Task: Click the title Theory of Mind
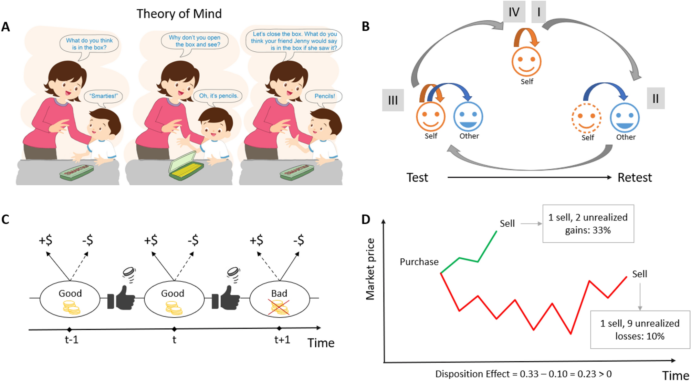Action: (179, 14)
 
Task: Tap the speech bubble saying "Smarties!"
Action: (103, 96)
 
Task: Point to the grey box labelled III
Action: (393, 100)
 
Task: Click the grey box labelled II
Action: (656, 99)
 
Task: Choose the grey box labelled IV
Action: (514, 12)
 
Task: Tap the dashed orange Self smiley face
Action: (587, 119)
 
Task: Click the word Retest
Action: (635, 177)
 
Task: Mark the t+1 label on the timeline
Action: (282, 340)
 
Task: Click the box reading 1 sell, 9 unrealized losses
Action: (640, 330)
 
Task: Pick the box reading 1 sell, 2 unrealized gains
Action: (588, 224)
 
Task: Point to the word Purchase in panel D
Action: (419, 262)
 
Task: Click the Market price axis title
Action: (370, 269)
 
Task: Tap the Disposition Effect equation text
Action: (523, 374)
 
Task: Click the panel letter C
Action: (5, 219)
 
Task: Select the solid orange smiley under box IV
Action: (526, 61)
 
